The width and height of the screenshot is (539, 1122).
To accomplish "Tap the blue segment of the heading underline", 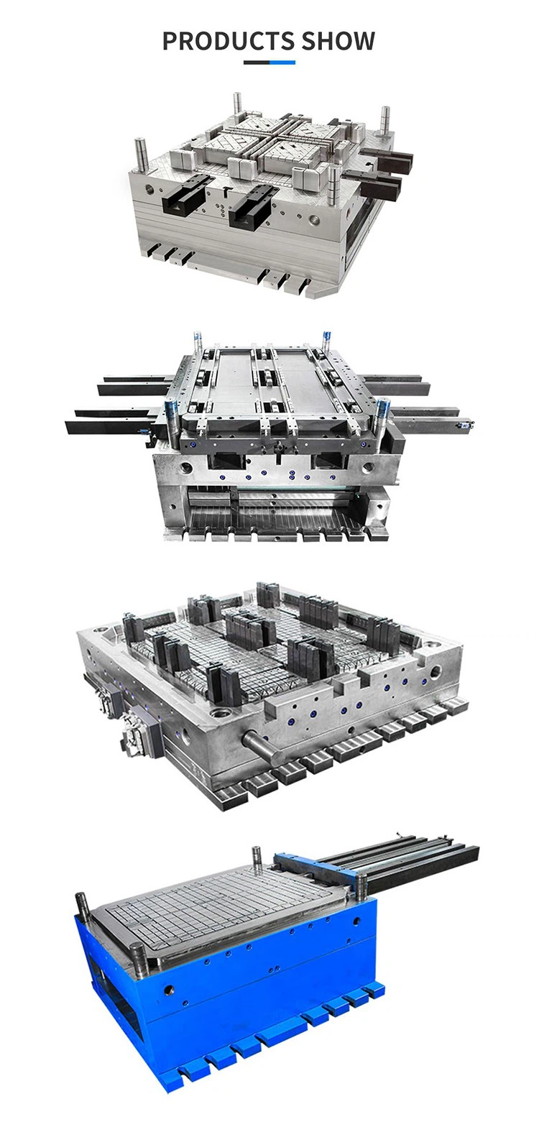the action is click(282, 63).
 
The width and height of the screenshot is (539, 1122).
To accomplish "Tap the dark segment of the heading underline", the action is click(257, 63).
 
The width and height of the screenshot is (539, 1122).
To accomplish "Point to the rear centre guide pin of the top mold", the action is click(237, 105).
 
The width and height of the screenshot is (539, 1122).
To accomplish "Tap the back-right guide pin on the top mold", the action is click(384, 120).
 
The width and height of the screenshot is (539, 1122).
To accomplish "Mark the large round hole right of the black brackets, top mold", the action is click(313, 219).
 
